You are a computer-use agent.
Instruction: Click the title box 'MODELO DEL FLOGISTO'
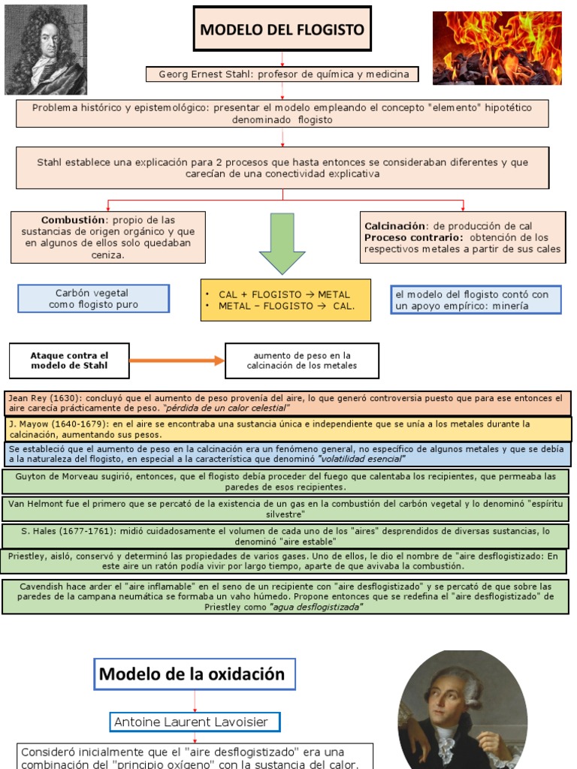click(x=282, y=29)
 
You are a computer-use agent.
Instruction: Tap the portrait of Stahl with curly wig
click(x=45, y=49)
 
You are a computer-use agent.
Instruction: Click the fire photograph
click(x=497, y=47)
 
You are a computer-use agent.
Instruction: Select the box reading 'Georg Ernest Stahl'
click(x=283, y=74)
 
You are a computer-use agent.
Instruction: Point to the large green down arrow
click(x=282, y=243)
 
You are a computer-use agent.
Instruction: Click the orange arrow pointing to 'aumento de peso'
click(x=177, y=360)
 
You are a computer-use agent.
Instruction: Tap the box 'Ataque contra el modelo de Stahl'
click(x=69, y=360)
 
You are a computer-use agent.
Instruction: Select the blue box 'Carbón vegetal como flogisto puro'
click(x=93, y=299)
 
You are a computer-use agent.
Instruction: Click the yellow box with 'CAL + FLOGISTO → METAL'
click(x=285, y=300)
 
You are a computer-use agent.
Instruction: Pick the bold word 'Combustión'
click(x=73, y=220)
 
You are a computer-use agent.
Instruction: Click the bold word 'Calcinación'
click(x=395, y=225)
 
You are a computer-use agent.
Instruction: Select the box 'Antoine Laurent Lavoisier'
click(x=195, y=722)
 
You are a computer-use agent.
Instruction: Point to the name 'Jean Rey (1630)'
click(x=44, y=397)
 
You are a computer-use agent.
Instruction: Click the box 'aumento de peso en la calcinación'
click(x=302, y=360)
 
